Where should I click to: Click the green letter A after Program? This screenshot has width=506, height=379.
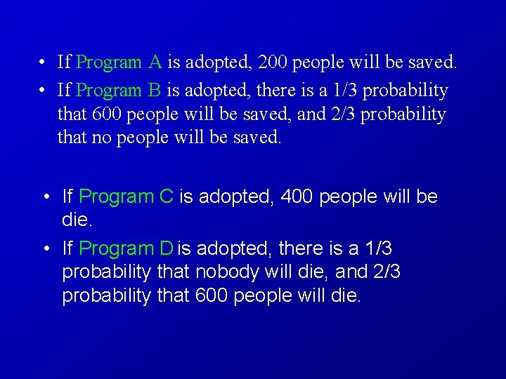(x=156, y=62)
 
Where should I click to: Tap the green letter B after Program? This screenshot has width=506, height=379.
(x=155, y=91)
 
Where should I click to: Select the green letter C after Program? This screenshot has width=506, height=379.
(x=167, y=197)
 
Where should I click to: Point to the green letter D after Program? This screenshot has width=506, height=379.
(x=166, y=248)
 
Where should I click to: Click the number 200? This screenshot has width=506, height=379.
(x=272, y=62)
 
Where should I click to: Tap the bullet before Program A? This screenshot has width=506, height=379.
(x=44, y=63)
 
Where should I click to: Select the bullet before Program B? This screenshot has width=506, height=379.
(x=44, y=91)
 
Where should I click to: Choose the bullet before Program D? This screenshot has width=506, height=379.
(x=46, y=249)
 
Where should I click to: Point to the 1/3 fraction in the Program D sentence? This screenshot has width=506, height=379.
(x=379, y=248)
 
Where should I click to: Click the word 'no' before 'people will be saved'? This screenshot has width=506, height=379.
(x=100, y=138)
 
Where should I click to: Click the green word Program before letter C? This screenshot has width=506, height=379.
(x=117, y=197)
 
